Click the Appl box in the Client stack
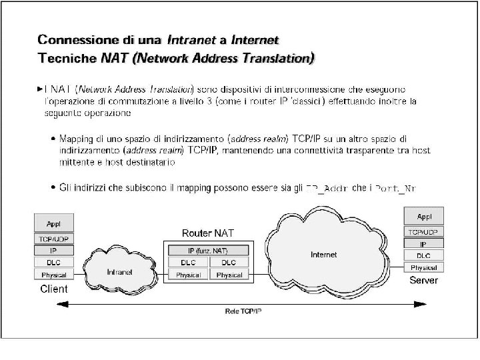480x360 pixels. pyautogui.click(x=53, y=223)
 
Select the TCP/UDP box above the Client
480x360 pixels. pyautogui.click(x=53, y=238)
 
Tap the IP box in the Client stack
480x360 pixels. pyautogui.click(x=53, y=250)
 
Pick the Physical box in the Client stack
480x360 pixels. pyautogui.click(x=53, y=275)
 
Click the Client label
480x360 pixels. pyautogui.click(x=54, y=289)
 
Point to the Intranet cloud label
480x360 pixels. pyautogui.click(x=119, y=272)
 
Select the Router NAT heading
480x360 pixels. pyautogui.click(x=208, y=233)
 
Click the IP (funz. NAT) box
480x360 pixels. pyautogui.click(x=208, y=250)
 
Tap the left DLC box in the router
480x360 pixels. pyautogui.click(x=188, y=262)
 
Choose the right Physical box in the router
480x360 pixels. pyautogui.click(x=229, y=275)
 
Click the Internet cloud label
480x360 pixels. pyautogui.click(x=324, y=255)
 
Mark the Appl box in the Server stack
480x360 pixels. pyautogui.click(x=424, y=217)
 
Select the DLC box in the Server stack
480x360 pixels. pyautogui.click(x=424, y=255)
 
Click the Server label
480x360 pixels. pyautogui.click(x=423, y=280)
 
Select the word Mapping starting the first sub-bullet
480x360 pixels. pyautogui.click(x=77, y=139)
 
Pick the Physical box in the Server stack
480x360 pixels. pyautogui.click(x=424, y=267)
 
